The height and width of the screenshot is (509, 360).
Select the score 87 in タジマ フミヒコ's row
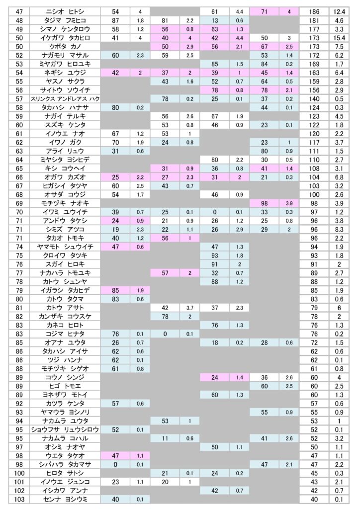click(x=115, y=20)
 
